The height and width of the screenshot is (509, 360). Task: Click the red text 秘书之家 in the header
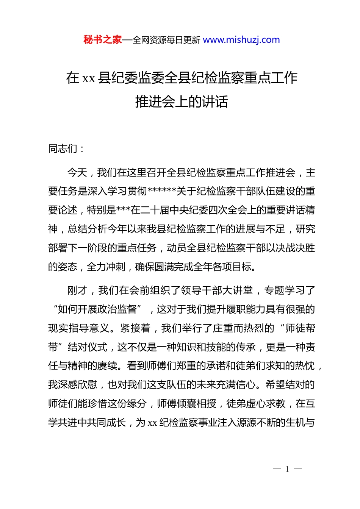pos(102,40)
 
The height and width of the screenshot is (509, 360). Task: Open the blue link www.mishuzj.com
pos(241,40)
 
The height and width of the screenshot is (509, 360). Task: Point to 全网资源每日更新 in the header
pos(166,40)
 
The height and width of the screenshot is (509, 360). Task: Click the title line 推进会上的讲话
pos(182,101)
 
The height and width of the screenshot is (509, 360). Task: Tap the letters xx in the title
pos(89,78)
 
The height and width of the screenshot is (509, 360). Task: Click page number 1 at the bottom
pos(287,469)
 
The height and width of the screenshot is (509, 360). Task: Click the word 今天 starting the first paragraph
pos(77,173)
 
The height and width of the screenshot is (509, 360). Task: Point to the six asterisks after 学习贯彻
pos(162,190)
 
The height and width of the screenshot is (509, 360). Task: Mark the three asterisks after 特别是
pos(123,209)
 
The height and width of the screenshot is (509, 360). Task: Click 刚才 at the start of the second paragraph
pos(77,290)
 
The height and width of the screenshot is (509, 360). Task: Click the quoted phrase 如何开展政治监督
pos(97,309)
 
